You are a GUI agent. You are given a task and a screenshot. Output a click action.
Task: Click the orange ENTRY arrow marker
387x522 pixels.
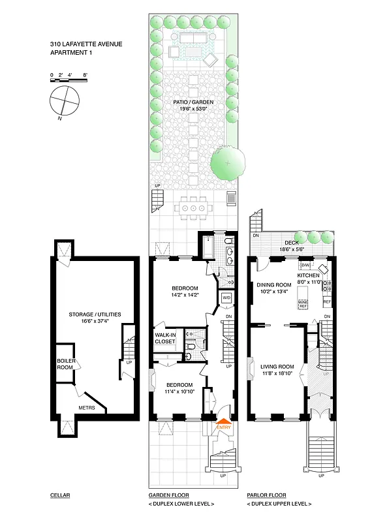pos(223,423)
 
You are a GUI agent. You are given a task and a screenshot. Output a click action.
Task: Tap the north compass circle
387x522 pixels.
pos(64,101)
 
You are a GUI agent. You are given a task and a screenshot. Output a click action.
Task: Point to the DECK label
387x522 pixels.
pos(291,243)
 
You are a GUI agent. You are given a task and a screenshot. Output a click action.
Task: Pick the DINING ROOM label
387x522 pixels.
pos(273,284)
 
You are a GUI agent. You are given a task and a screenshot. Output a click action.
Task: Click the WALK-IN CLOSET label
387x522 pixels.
pos(165,338)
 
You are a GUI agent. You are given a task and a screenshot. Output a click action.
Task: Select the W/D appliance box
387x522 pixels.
pos(226,298)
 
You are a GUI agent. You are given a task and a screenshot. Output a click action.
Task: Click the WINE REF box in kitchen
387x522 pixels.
pos(303,304)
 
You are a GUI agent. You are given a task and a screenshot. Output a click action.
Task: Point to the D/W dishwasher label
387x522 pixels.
pos(305,266)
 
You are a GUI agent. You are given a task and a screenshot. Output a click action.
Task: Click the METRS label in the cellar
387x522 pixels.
pos(86,408)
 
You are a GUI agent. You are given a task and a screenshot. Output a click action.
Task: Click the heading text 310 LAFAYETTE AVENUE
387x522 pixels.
pos(85,45)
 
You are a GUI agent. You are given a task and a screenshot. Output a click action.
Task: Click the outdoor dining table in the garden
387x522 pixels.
pos(193,207)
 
